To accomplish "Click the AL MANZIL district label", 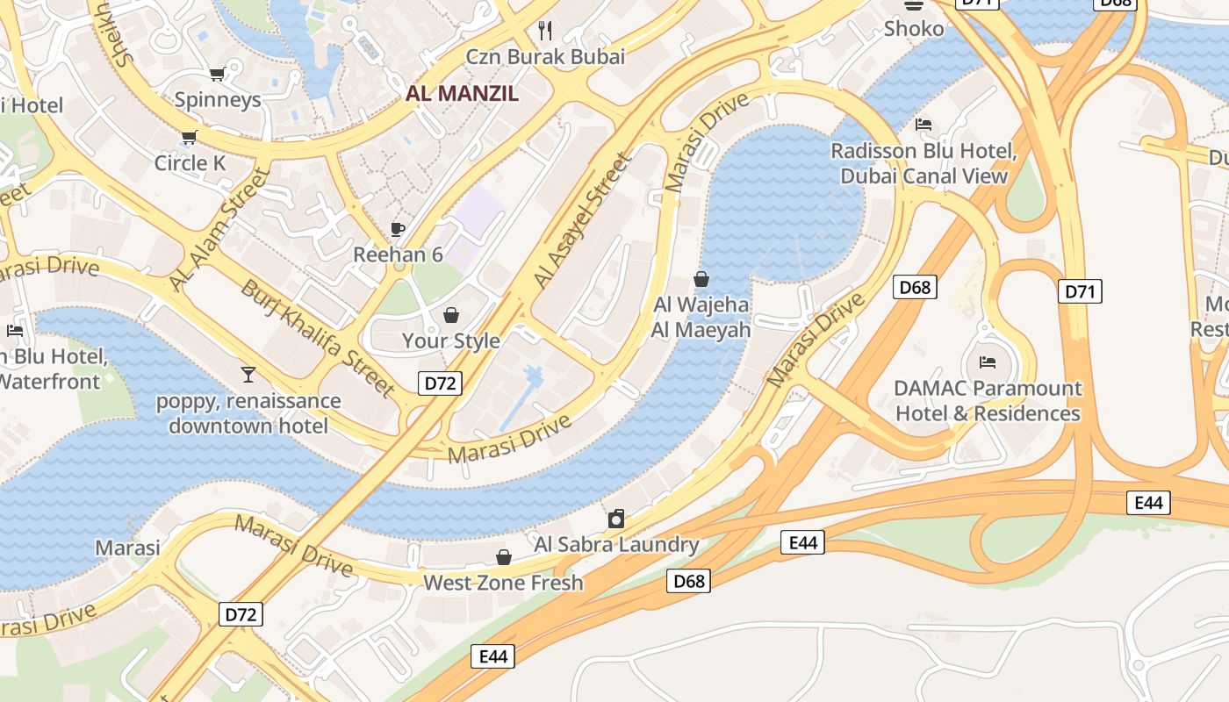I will click(x=462, y=93).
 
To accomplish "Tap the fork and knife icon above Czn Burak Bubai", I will click(x=545, y=31).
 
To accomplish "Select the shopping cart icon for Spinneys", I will click(x=217, y=74).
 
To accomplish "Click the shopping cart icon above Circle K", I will click(x=189, y=137).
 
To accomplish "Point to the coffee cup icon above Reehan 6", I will click(x=398, y=230).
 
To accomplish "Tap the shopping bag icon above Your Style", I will click(x=451, y=315).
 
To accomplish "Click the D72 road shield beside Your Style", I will click(x=439, y=383).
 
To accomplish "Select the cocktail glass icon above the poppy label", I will click(x=248, y=376).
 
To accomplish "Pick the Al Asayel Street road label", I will click(x=582, y=221).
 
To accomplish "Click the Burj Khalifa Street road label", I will click(x=319, y=338).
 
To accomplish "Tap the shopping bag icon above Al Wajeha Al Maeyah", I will click(x=701, y=280).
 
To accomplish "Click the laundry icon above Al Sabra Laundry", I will click(x=616, y=519).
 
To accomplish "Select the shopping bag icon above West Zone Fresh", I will click(x=504, y=557).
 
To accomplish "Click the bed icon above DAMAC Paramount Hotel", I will click(x=988, y=362).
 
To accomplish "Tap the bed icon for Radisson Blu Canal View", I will click(x=924, y=125).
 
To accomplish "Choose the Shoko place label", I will click(x=914, y=29).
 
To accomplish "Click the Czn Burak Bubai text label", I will click(x=545, y=57).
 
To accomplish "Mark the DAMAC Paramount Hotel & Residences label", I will click(x=988, y=400).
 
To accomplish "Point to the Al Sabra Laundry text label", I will click(x=616, y=544).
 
